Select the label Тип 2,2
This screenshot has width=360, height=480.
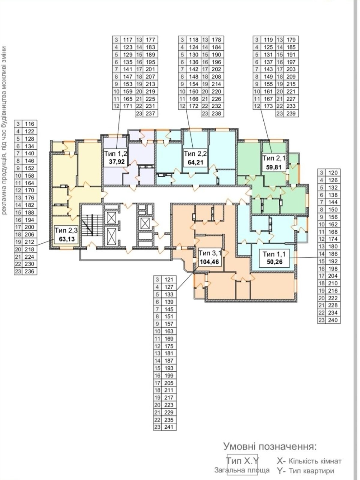195,154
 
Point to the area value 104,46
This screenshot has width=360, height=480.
209,262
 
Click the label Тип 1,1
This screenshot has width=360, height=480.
274,254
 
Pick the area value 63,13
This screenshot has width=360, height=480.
67,239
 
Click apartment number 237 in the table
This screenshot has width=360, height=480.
150,113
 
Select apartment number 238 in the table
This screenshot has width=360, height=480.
216,113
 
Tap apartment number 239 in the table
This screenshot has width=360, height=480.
291,113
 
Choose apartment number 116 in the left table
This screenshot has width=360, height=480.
29,124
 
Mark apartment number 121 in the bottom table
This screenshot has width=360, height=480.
169,280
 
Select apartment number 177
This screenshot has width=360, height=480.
150,40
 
